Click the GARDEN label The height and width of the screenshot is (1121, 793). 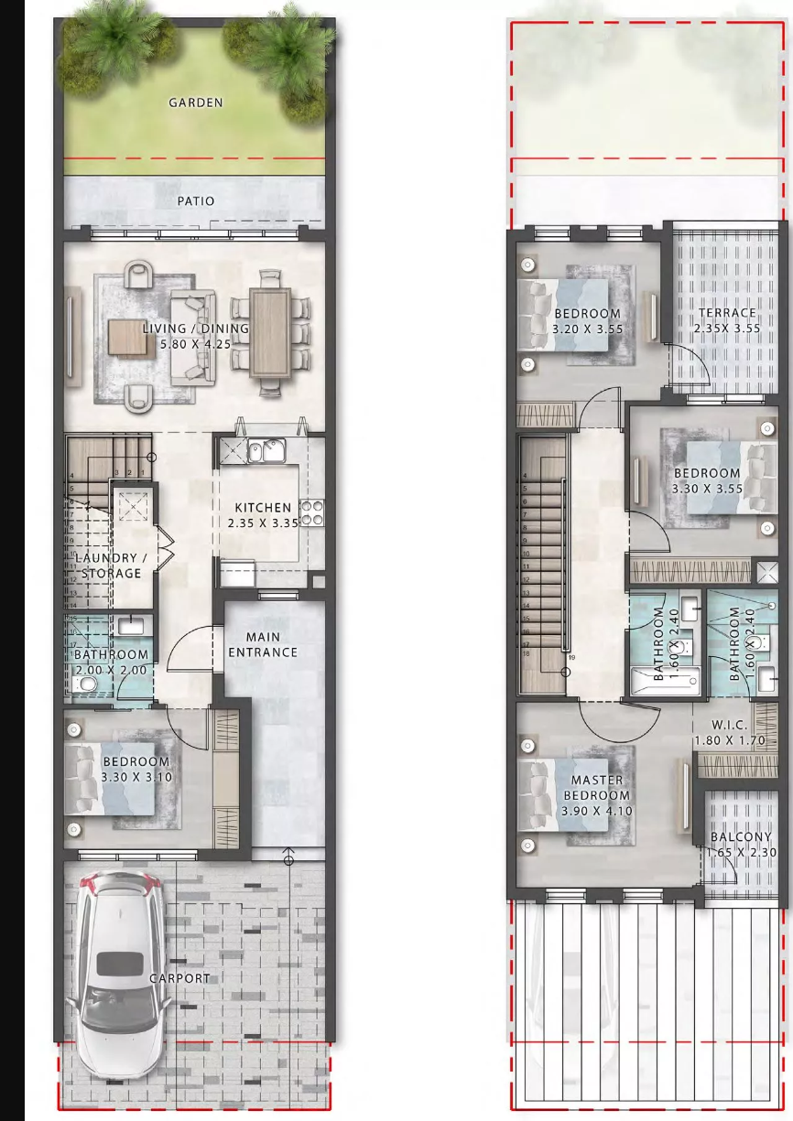point(196,102)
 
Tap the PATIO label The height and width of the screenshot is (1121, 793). point(196,201)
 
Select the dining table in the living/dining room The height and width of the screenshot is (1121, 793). point(270,334)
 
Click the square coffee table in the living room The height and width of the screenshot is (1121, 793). point(132,338)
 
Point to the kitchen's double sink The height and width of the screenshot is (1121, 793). point(266,451)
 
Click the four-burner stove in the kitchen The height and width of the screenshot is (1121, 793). point(312,513)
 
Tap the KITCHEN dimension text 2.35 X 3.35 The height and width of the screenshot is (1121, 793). point(263,523)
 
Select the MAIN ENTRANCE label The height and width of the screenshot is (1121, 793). point(263,644)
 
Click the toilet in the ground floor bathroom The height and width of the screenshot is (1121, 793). point(84,683)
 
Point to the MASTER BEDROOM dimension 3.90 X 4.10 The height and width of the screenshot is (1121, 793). point(597,811)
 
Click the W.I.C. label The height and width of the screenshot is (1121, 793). point(730,724)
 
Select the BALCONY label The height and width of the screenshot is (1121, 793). point(741,836)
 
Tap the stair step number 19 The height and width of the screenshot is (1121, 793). point(572,657)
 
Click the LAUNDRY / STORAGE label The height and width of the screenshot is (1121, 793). point(111,566)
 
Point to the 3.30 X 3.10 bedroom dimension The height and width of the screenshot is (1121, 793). point(136,777)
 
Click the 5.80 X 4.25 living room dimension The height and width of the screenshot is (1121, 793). point(196,344)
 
